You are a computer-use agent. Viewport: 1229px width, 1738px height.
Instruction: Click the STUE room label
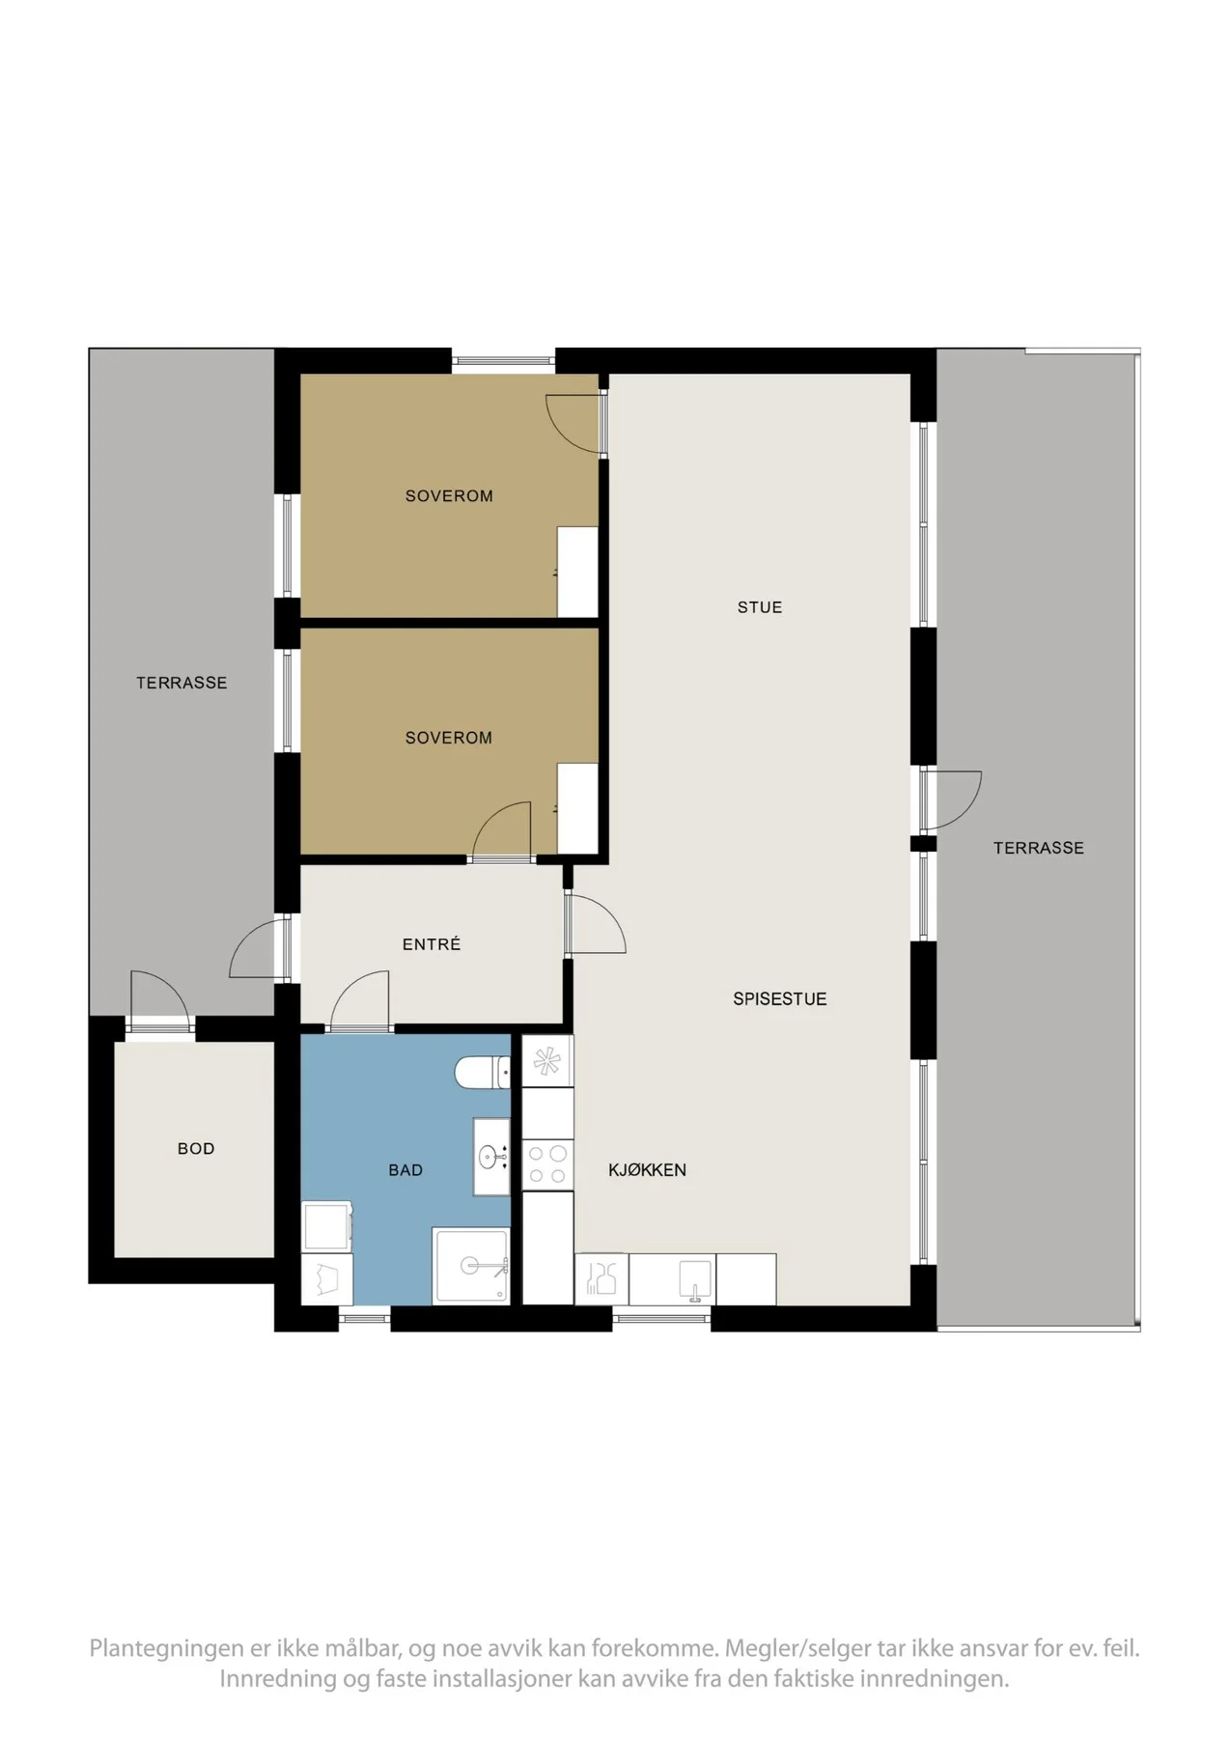(x=760, y=607)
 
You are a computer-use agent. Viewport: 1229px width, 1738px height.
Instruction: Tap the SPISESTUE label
(x=780, y=999)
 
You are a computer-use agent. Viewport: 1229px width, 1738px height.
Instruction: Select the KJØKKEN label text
(x=647, y=1170)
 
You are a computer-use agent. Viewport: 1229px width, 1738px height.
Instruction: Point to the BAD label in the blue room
(x=405, y=1170)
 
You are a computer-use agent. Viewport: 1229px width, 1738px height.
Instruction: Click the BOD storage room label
(x=196, y=1149)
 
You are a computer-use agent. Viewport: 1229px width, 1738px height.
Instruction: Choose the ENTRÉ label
(x=432, y=944)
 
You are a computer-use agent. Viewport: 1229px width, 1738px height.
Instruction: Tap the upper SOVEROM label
(x=449, y=496)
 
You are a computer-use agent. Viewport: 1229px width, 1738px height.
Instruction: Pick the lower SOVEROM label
(x=449, y=738)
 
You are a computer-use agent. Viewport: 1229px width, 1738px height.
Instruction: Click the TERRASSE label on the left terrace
(x=182, y=683)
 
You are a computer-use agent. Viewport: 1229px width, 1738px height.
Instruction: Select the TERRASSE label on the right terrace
(x=1039, y=848)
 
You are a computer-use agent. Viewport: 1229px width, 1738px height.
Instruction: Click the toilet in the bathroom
(x=483, y=1072)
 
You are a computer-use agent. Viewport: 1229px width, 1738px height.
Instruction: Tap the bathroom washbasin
(x=491, y=1157)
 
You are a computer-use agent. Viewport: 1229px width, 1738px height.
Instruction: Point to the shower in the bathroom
(x=471, y=1266)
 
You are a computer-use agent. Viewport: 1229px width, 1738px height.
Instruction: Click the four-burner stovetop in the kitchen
(x=547, y=1164)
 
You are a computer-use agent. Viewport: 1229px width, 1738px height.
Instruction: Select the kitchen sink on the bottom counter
(x=695, y=1278)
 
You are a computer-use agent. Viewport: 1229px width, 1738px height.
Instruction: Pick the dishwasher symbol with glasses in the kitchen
(x=601, y=1278)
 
